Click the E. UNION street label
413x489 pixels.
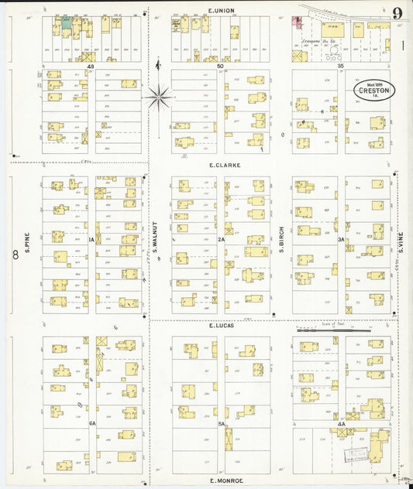tap(221, 9)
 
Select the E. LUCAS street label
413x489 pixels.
tap(221, 327)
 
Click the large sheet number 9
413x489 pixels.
tap(397, 12)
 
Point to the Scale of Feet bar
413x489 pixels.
tap(333, 330)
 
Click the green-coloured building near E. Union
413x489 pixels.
tap(67, 24)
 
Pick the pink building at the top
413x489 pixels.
tap(296, 22)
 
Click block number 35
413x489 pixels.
tap(340, 67)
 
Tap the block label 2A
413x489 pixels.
tap(221, 240)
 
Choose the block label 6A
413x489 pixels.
tap(91, 423)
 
